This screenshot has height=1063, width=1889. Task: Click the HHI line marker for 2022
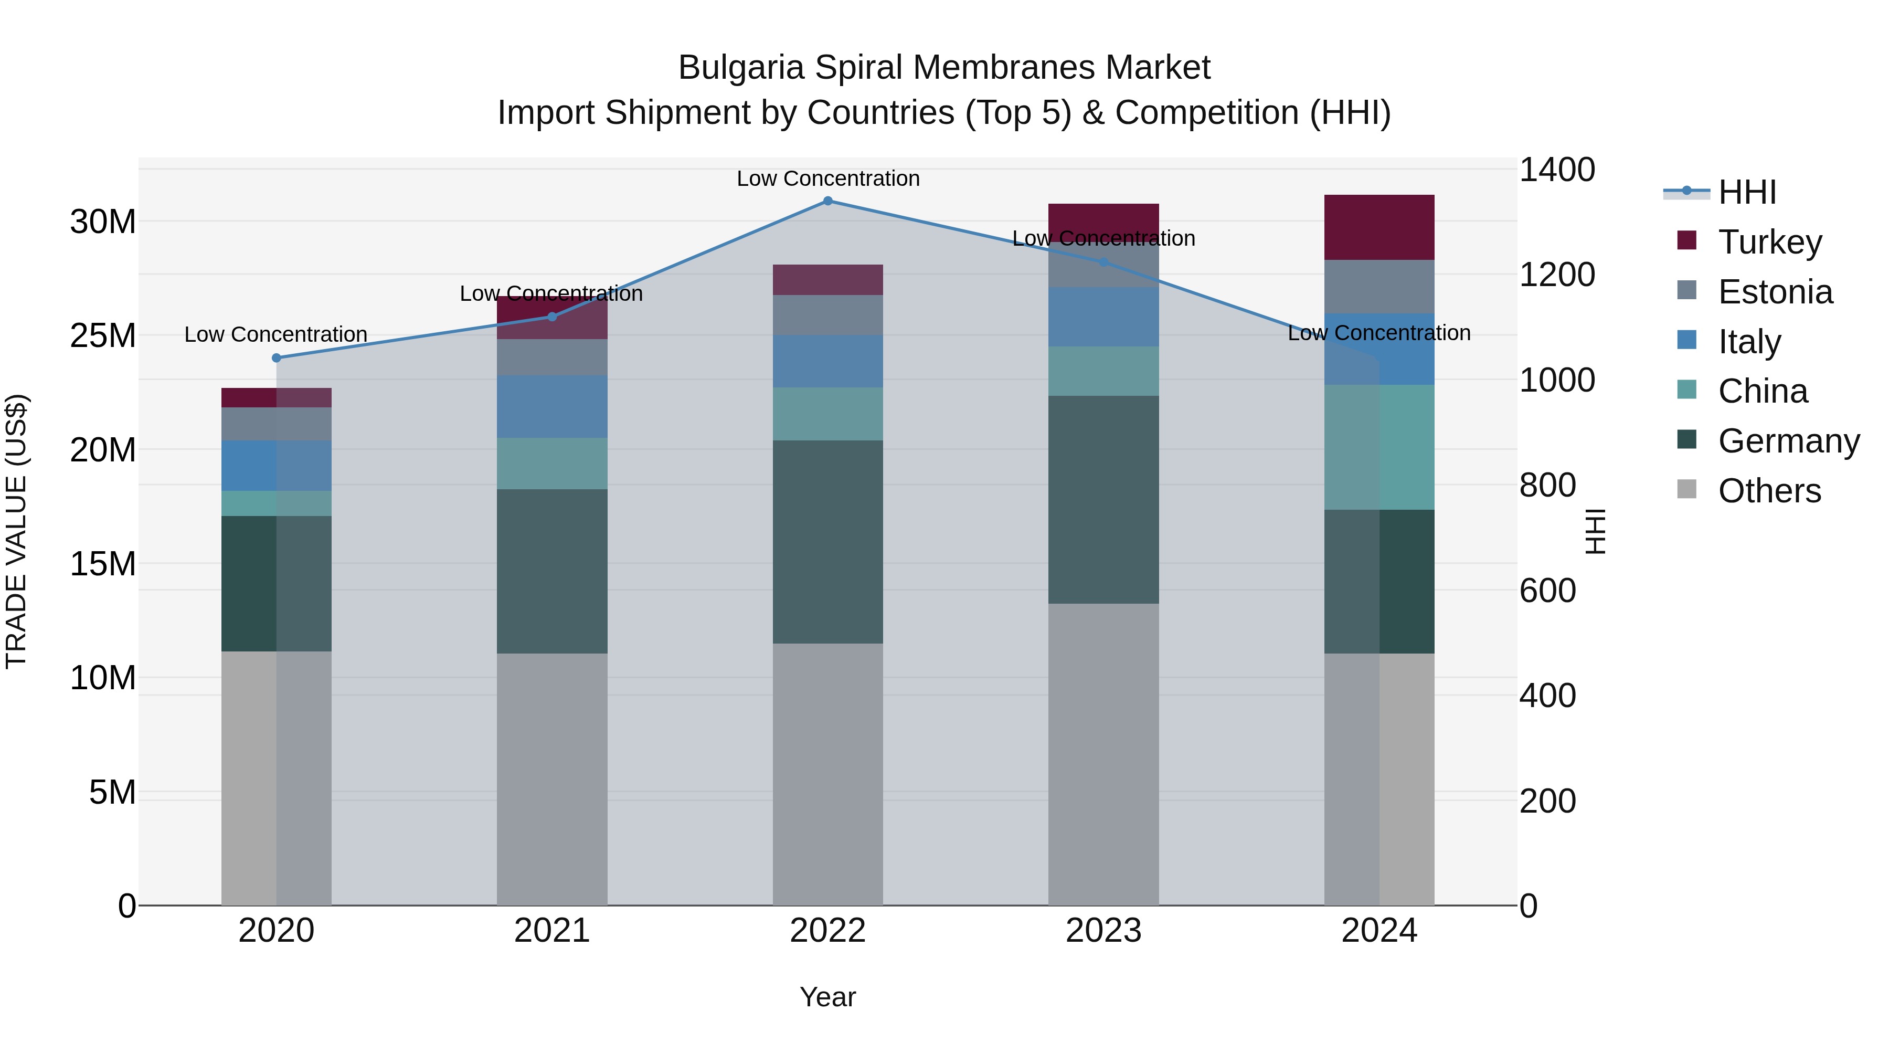click(x=828, y=201)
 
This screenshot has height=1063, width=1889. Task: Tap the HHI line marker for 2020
click(x=277, y=358)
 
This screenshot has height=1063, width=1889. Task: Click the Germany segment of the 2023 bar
click(x=1103, y=500)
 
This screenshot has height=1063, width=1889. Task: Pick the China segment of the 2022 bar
click(x=828, y=414)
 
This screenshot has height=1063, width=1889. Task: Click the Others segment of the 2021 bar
click(x=552, y=778)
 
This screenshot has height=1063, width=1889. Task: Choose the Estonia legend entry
click(x=1775, y=292)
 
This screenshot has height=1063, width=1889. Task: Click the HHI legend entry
click(x=1747, y=192)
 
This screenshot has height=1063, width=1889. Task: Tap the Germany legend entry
click(x=1788, y=441)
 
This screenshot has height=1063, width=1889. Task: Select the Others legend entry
click(x=1769, y=491)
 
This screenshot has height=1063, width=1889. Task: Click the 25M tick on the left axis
click(x=103, y=335)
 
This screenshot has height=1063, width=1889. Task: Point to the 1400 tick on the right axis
click(x=1556, y=170)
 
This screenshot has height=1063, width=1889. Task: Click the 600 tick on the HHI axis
click(x=1547, y=591)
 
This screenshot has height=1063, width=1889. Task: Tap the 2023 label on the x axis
click(x=1103, y=931)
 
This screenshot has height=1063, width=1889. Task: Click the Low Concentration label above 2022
click(x=828, y=178)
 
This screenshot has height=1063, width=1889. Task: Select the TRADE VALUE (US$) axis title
click(x=16, y=531)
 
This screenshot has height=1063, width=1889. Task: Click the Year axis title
click(x=828, y=997)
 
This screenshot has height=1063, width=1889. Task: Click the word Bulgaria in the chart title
click(x=741, y=68)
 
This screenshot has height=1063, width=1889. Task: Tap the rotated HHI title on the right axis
click(x=1596, y=531)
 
